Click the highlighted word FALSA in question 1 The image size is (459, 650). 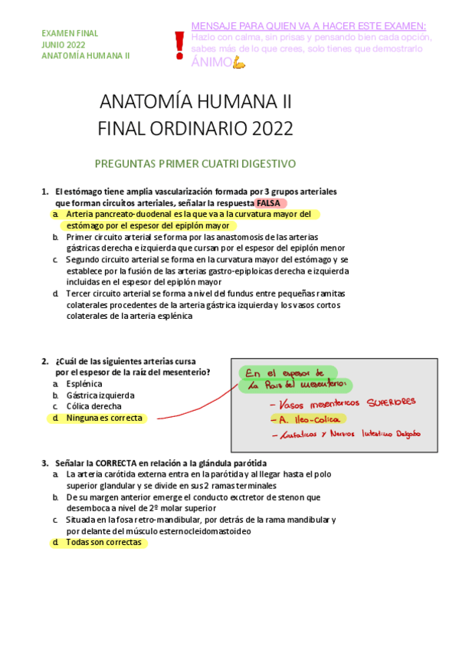(x=269, y=203)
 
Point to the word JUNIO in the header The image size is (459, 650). (x=53, y=45)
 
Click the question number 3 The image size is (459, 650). (x=44, y=464)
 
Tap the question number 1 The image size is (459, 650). (x=44, y=191)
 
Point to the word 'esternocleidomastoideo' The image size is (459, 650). (x=204, y=531)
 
